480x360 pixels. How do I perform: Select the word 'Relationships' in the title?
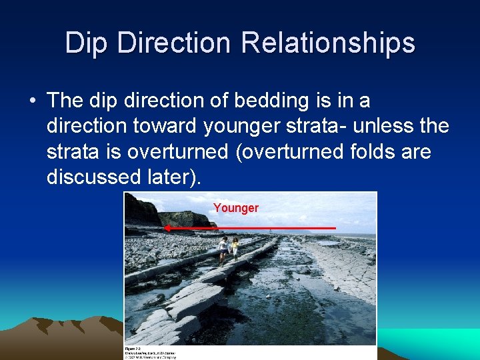pos(329,43)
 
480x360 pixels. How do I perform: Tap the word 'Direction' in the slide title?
pos(175,43)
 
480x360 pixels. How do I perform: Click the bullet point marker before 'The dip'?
pos(32,101)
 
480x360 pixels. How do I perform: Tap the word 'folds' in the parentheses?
pos(370,151)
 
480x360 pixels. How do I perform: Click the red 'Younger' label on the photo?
pos(236,208)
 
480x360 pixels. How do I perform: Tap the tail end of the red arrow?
pos(334,228)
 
